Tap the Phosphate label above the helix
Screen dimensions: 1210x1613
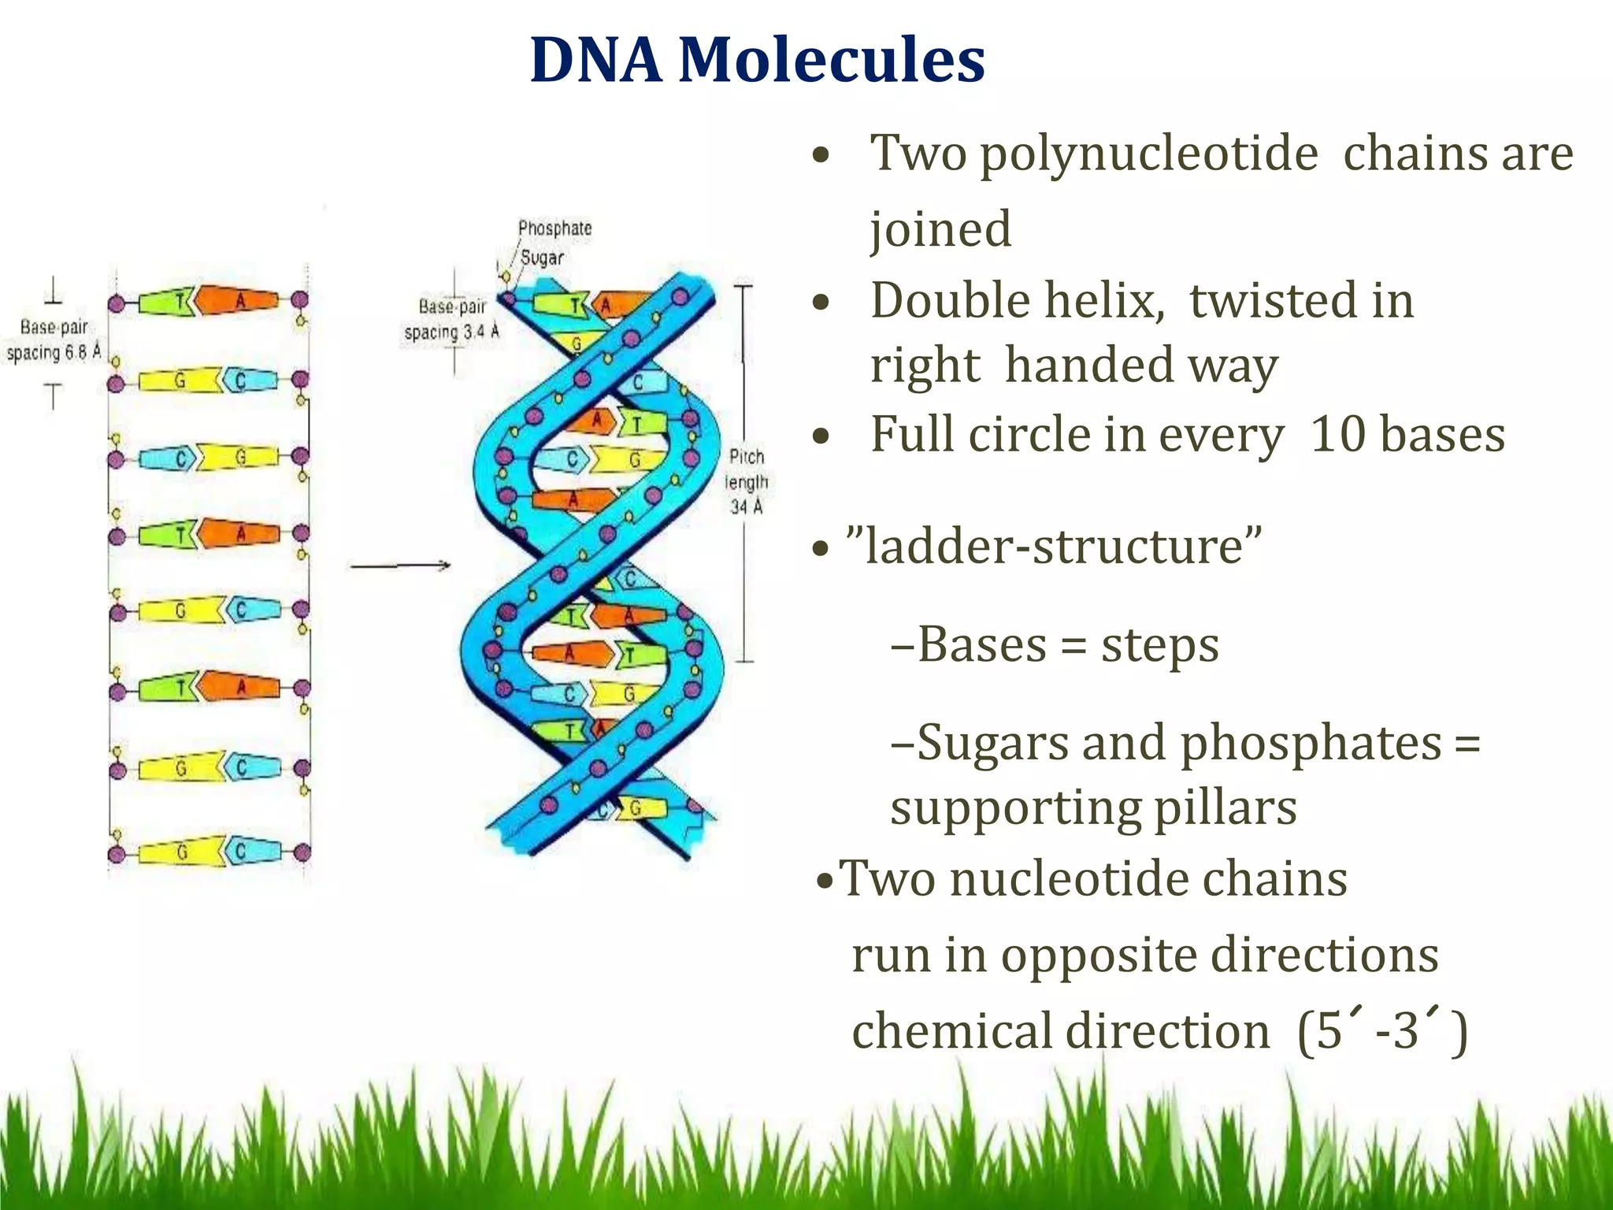point(554,228)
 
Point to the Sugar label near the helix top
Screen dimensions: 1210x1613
point(542,258)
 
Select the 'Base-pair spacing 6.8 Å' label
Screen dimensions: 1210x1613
point(54,340)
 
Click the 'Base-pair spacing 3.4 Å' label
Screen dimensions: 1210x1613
point(452,319)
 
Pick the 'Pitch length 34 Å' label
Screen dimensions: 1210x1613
point(747,481)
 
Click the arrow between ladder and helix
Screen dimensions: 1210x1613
point(400,565)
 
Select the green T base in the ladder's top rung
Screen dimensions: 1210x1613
point(165,301)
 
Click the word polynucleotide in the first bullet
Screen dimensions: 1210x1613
point(1148,153)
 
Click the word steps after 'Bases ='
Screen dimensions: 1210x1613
point(1159,645)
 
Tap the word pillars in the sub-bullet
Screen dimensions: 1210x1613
point(1225,808)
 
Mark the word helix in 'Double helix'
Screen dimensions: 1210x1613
point(1094,301)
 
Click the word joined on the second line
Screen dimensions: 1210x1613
point(940,230)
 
